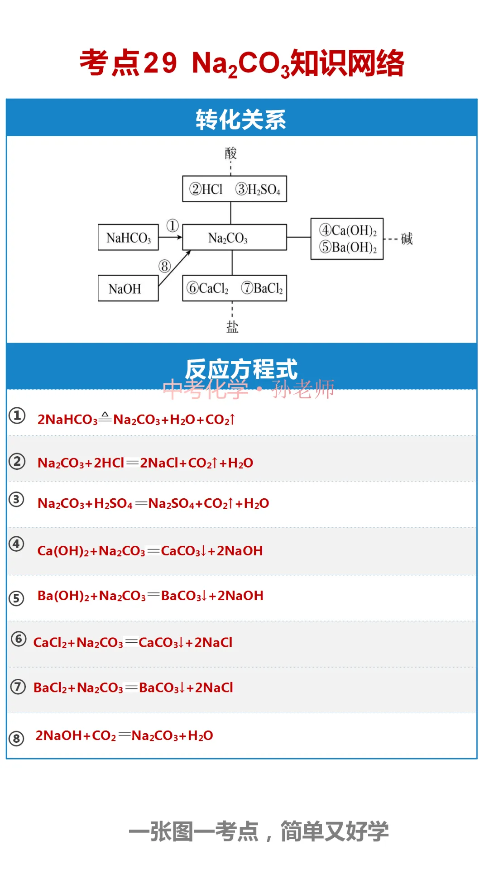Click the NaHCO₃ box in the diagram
(x=128, y=237)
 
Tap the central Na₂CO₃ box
(x=234, y=237)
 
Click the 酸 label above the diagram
(x=231, y=153)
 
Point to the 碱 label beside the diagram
(x=407, y=239)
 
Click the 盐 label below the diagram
(x=232, y=326)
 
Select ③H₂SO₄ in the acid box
(x=258, y=189)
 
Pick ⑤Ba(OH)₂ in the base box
(x=348, y=247)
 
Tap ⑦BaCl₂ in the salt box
(x=262, y=288)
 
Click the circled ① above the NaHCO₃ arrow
(x=173, y=225)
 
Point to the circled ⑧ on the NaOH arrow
(x=164, y=266)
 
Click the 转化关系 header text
(x=241, y=120)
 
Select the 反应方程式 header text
(x=241, y=369)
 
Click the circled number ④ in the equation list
(x=17, y=544)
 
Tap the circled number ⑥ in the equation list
(x=19, y=639)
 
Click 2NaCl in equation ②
(x=159, y=463)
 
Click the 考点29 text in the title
(x=129, y=63)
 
